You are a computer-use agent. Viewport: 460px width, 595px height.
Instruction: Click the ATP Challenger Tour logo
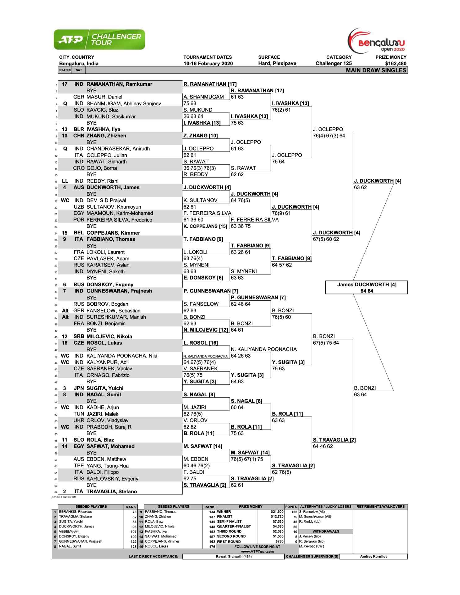pos(99,40)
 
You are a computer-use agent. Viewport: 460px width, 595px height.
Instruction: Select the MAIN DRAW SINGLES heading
pos(376,70)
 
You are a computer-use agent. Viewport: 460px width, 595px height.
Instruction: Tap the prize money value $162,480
pos(396,64)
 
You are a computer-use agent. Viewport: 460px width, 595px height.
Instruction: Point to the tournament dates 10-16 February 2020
pos(208,64)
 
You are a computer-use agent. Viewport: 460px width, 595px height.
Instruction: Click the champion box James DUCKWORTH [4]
pos(366,287)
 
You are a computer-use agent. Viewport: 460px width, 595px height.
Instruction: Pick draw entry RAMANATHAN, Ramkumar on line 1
pos(119,84)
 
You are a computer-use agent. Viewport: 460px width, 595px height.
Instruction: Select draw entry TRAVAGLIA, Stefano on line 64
pos(112,491)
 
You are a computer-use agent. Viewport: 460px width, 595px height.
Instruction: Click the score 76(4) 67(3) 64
pos(329,136)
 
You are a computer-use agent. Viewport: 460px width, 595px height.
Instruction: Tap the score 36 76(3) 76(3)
pos(200,168)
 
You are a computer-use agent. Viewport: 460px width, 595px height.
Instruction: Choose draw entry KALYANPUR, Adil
pos(107,362)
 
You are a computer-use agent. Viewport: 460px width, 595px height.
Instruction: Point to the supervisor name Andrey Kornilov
pos(374,556)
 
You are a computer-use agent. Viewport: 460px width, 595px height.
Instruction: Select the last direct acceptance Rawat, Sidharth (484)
pos(233,556)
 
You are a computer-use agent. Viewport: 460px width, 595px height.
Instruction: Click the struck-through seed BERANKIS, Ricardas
pos(75,512)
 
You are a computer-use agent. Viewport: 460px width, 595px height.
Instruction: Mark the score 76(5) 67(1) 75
pos(247,459)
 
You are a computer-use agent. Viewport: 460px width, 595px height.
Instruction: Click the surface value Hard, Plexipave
pos(277,64)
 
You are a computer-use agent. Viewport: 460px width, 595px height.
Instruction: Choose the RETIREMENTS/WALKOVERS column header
pos(380,507)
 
